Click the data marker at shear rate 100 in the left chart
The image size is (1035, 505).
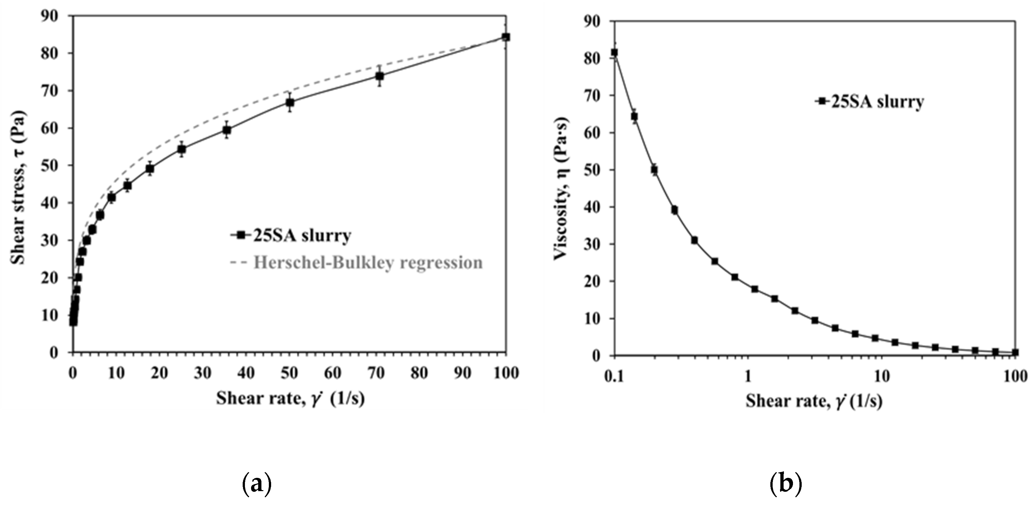[506, 37]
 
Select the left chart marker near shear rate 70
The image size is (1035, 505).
[380, 76]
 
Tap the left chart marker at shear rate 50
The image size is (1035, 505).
[290, 102]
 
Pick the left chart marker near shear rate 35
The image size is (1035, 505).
[227, 130]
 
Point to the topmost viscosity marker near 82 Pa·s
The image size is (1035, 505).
[614, 53]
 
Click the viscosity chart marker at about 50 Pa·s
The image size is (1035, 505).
[654, 170]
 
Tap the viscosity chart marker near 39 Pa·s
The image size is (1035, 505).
[675, 210]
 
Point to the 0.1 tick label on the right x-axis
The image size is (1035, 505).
[614, 377]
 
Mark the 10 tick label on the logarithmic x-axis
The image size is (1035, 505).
[881, 377]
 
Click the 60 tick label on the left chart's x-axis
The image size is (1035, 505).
[333, 373]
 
